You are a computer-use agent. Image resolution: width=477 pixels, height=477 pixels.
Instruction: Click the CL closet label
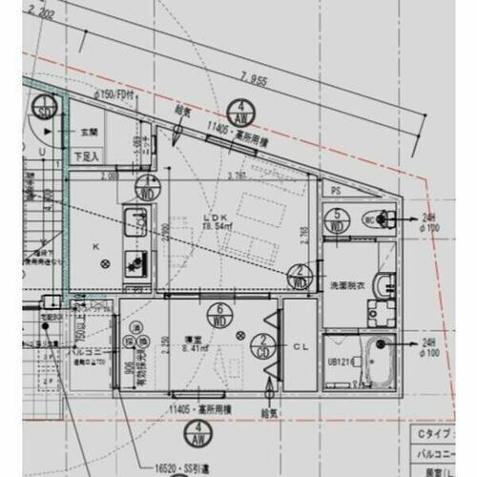298,345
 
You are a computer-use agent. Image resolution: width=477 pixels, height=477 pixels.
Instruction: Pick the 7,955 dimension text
255,80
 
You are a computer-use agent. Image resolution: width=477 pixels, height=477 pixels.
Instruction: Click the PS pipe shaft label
334,191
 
